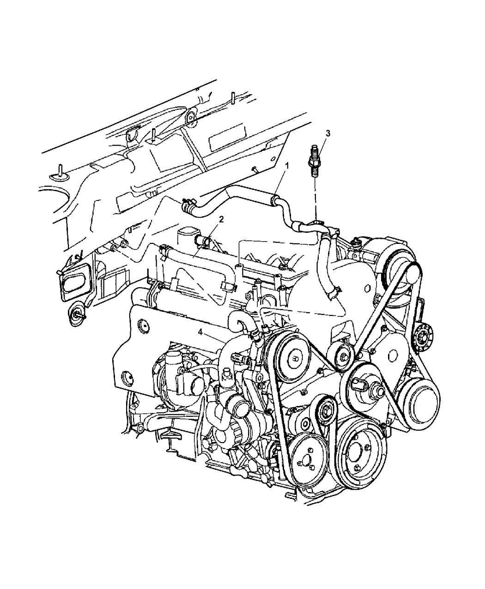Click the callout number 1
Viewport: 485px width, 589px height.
[287, 167]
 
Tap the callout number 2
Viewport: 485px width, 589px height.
[221, 219]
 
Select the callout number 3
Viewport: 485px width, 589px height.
[327, 134]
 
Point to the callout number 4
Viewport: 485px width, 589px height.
[200, 333]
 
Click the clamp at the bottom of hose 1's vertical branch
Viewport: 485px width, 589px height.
[334, 292]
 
